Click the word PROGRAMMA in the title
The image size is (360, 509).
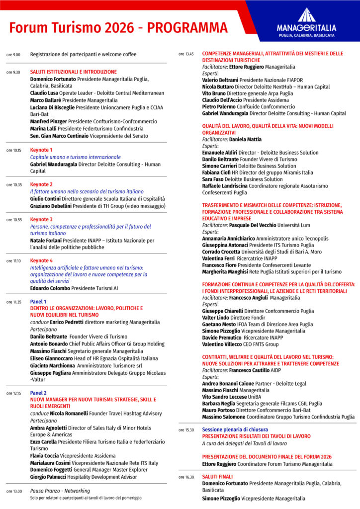[x=188, y=27]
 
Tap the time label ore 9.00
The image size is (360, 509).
[x=13, y=55]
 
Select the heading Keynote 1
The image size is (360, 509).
[x=41, y=150]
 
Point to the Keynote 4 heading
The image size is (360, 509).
[x=41, y=260]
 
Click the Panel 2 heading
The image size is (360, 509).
[x=38, y=393]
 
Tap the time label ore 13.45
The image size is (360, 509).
[x=186, y=54]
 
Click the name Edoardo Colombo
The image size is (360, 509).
[x=50, y=288]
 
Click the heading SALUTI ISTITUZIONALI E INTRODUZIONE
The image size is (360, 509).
[x=74, y=72]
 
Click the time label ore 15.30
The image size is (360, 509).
[x=186, y=430]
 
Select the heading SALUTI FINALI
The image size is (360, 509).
[x=217, y=476]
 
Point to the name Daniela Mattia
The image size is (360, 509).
[x=245, y=140]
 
